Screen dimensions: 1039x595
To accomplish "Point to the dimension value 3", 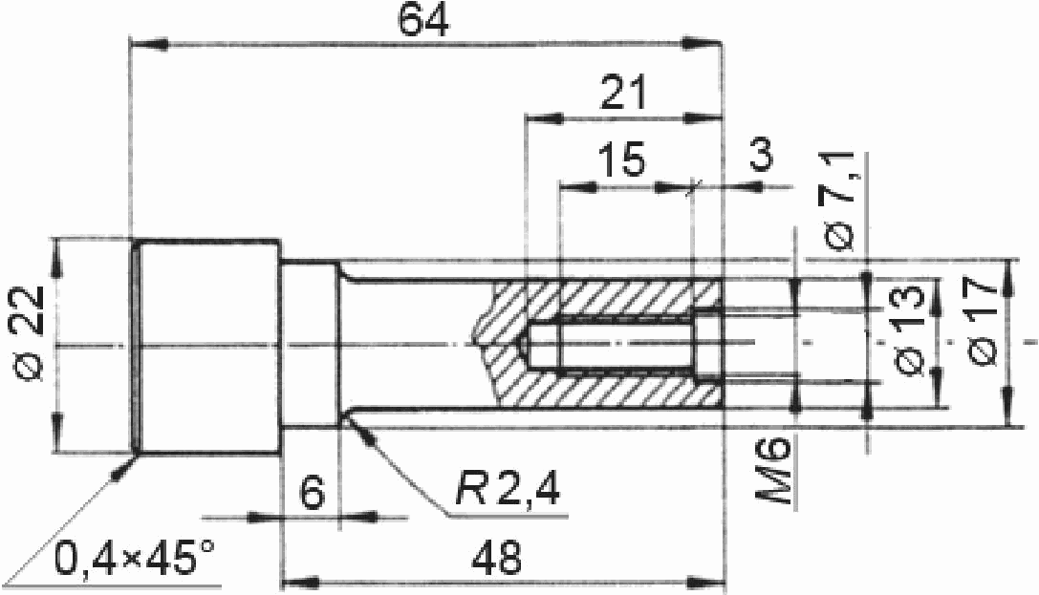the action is [761, 155].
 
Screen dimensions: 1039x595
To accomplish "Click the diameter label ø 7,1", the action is [840, 202].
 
